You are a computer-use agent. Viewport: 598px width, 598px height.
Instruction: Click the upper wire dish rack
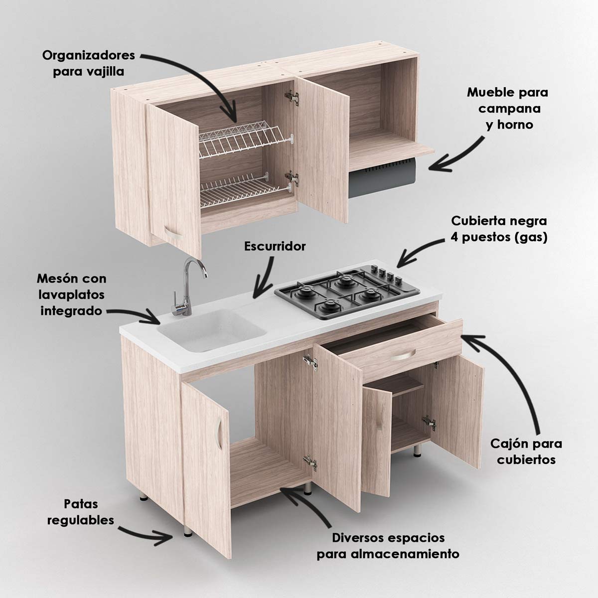[x=245, y=140]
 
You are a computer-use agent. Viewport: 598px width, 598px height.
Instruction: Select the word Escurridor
[x=275, y=246]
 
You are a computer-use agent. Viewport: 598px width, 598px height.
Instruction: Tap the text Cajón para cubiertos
[x=526, y=451]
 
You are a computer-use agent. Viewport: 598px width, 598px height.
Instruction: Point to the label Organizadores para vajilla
[x=88, y=63]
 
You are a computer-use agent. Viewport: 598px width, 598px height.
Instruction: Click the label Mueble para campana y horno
[x=508, y=108]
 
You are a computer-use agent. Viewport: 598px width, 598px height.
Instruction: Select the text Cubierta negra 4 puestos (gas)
[x=499, y=229]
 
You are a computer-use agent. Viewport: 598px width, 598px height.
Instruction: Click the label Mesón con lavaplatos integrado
[x=71, y=295]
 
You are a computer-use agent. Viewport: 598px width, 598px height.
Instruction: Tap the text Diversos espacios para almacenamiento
[x=388, y=546]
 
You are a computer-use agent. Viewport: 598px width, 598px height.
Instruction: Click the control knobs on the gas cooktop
[x=386, y=274]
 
